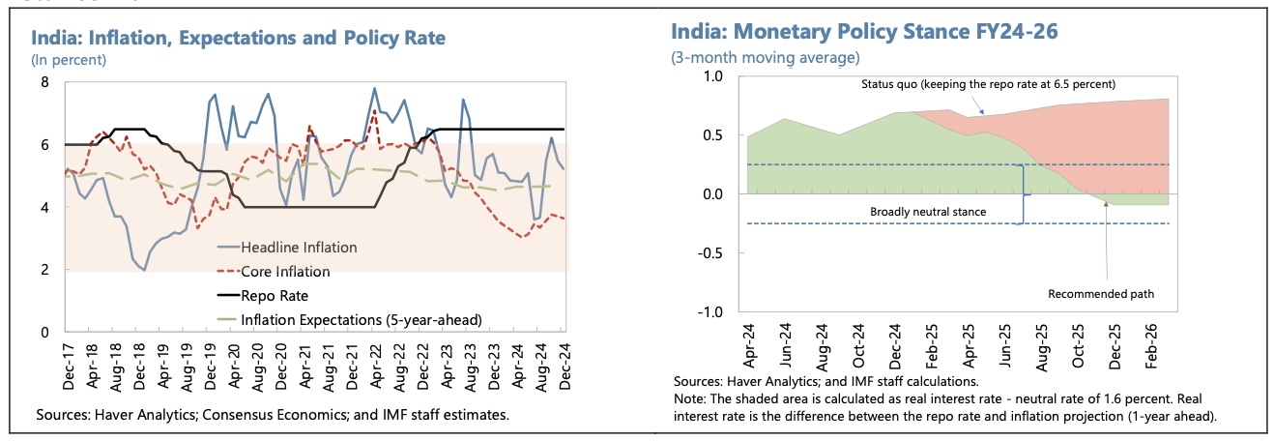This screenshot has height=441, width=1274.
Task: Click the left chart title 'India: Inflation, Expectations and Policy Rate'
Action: [x=239, y=39]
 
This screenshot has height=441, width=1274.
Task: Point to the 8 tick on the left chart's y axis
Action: [x=43, y=82]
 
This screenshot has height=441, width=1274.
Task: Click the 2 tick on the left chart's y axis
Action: [x=43, y=270]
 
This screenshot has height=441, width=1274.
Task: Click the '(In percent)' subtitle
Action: [x=69, y=60]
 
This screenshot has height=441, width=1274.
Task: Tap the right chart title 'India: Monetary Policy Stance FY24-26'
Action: [x=864, y=32]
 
